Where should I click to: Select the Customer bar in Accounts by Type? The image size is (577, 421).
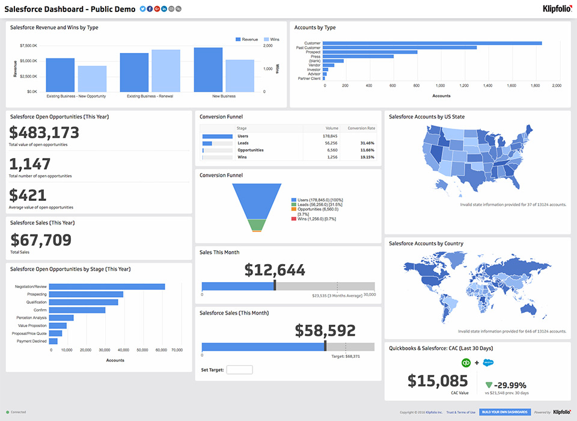point(433,43)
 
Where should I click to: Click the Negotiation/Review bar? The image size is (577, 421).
point(107,287)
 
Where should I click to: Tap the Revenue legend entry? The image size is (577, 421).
point(246,39)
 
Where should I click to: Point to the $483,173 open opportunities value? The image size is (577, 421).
point(44,132)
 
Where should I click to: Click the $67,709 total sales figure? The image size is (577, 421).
point(41,240)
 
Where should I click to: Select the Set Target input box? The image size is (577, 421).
point(239,369)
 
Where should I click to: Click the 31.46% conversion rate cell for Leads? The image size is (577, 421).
point(367,143)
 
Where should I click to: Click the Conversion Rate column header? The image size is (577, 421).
point(361,128)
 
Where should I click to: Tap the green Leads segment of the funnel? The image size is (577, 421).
point(257,225)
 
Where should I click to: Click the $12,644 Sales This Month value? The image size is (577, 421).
point(275,270)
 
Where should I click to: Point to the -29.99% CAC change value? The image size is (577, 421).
point(510,385)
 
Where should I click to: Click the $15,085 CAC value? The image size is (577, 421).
point(438,381)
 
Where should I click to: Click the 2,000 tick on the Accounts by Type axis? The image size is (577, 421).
point(557,86)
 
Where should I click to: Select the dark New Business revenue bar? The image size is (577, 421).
point(209,69)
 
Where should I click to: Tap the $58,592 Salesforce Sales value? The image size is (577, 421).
point(325,330)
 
